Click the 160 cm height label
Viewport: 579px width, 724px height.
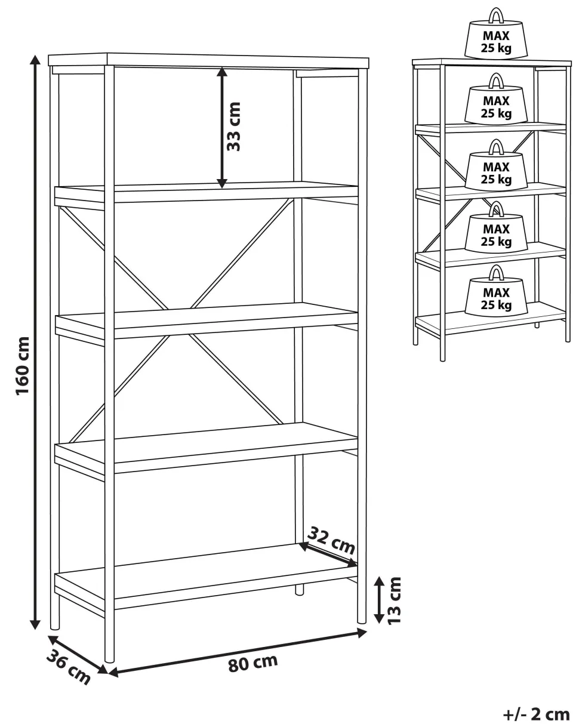point(23,365)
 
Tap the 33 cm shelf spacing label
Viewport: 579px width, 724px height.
point(233,127)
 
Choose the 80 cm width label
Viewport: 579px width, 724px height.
point(252,664)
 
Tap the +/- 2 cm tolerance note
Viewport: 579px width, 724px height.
point(536,713)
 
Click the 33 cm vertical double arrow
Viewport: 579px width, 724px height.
point(221,128)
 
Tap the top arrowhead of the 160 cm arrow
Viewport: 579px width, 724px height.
point(35,59)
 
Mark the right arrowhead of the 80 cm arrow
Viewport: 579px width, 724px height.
point(362,633)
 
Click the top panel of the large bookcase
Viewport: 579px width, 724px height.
point(208,60)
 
